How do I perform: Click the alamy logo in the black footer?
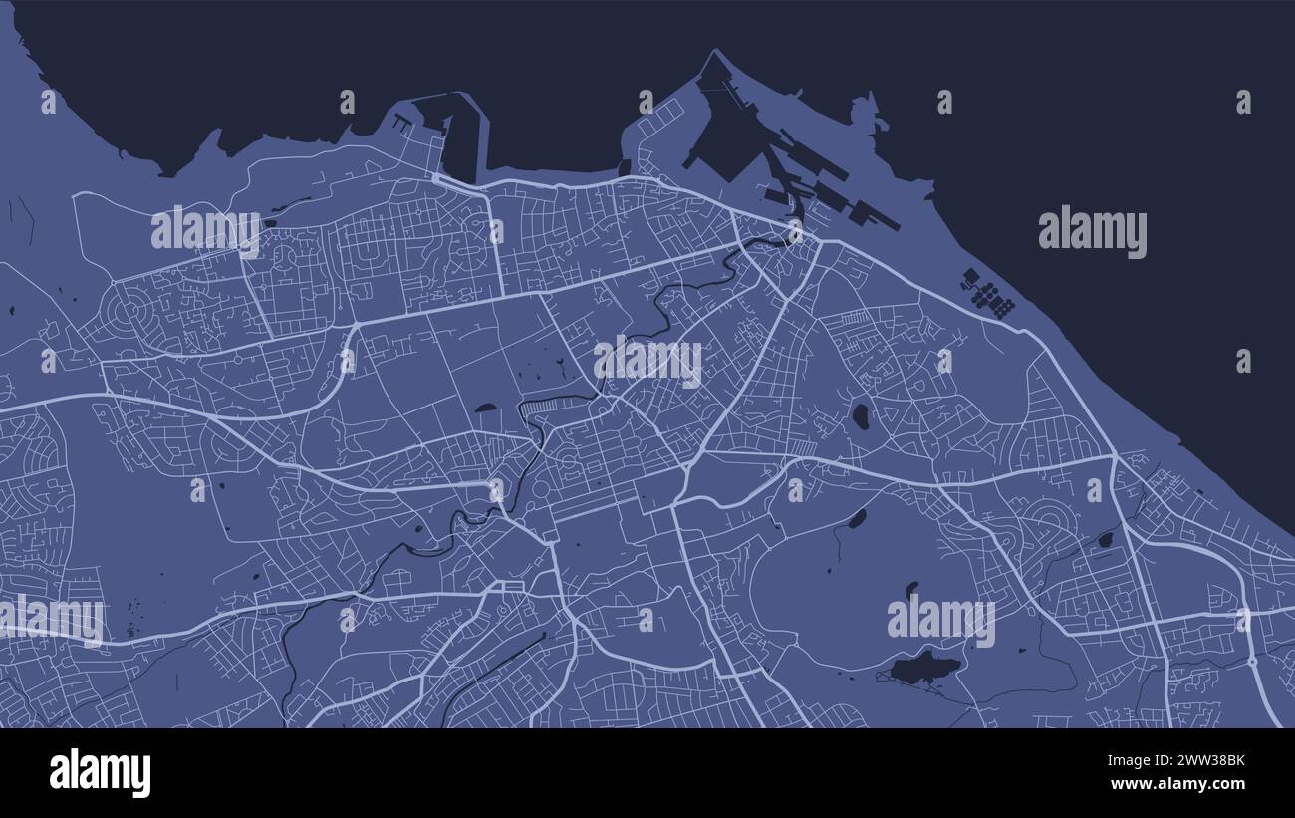(x=100, y=773)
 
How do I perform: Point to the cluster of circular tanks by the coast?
(x=986, y=293)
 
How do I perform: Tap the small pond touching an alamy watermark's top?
(x=910, y=590)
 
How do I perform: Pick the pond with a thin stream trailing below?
(x=856, y=518)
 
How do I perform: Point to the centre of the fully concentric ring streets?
(x=126, y=310)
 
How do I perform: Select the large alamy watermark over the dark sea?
(x=1092, y=233)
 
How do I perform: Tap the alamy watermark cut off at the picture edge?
(x=52, y=618)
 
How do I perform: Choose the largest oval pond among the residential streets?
(x=860, y=415)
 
